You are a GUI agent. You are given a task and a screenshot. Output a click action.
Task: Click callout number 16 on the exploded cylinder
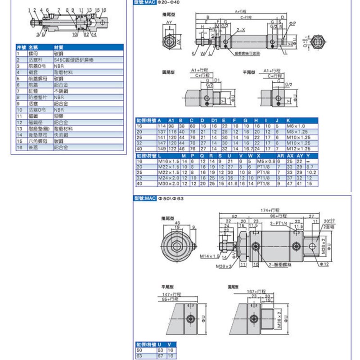click(x=104, y=9)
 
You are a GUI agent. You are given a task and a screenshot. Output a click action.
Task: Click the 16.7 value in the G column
click(x=246, y=148)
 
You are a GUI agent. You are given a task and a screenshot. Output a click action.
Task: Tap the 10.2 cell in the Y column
click(x=311, y=172)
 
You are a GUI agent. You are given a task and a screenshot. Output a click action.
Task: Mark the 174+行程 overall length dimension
click(x=270, y=210)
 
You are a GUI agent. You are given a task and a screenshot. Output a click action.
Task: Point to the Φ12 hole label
click(x=324, y=264)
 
